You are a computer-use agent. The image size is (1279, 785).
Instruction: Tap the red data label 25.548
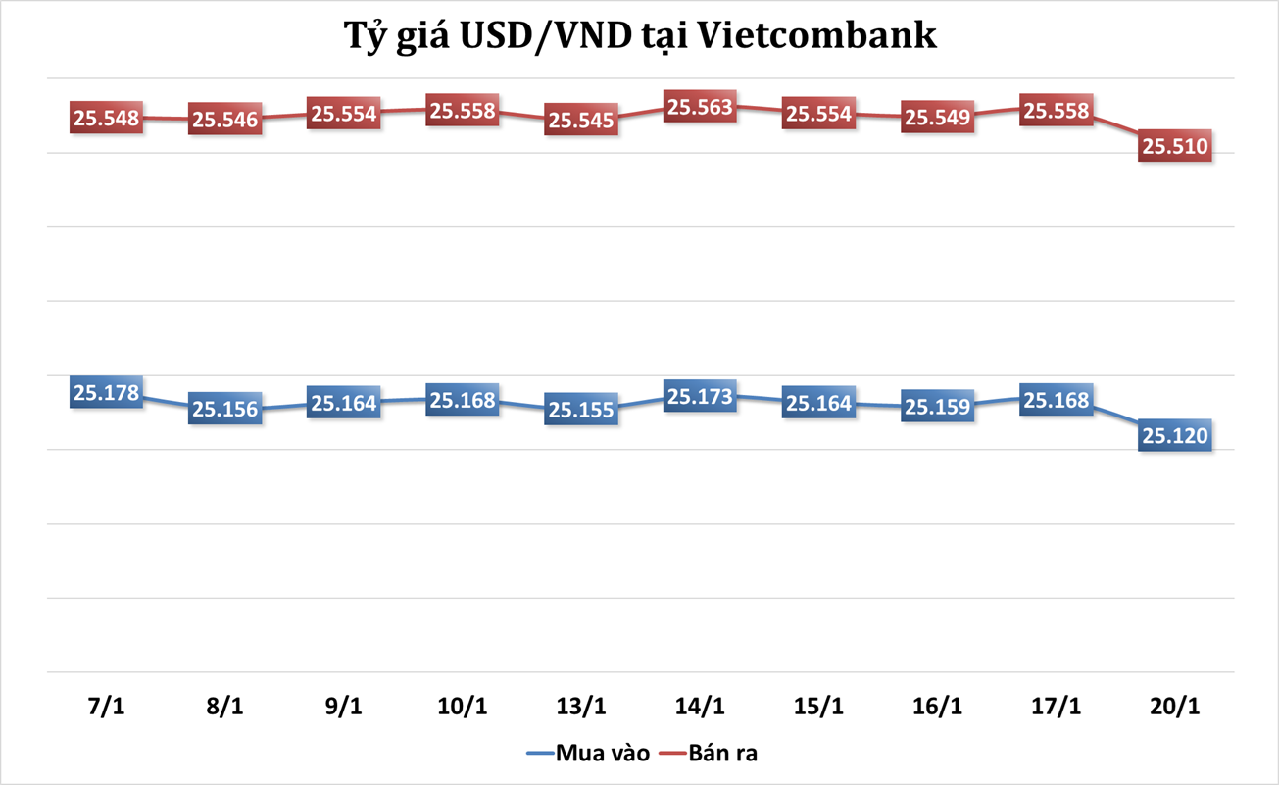pyautogui.click(x=106, y=119)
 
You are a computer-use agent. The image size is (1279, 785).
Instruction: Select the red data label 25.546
pyautogui.click(x=224, y=120)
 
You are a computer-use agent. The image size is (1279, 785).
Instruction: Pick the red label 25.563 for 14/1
pyautogui.click(x=700, y=107)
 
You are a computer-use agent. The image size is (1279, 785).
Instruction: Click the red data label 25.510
pyautogui.click(x=1175, y=147)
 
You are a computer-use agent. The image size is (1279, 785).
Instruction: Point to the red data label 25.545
pyautogui.click(x=581, y=120)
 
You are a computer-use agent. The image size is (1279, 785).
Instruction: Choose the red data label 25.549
pyautogui.click(x=937, y=117)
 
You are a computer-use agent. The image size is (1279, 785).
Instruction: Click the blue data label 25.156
pyautogui.click(x=224, y=409)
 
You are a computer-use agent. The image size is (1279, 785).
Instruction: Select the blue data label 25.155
pyautogui.click(x=581, y=410)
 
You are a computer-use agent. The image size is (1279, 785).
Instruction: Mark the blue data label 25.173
pyautogui.click(x=700, y=397)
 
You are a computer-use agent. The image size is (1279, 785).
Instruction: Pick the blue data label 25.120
pyautogui.click(x=1175, y=434)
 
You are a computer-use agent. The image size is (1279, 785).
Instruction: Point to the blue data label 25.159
pyautogui.click(x=937, y=406)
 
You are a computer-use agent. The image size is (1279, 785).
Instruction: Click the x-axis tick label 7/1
pyautogui.click(x=106, y=707)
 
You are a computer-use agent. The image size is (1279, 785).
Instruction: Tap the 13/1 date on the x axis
pyautogui.click(x=581, y=707)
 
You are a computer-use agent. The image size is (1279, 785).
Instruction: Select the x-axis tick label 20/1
pyautogui.click(x=1175, y=707)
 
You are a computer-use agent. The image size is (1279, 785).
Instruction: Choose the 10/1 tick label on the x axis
pyautogui.click(x=462, y=707)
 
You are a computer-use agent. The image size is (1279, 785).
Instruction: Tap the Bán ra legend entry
pyautogui.click(x=722, y=754)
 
